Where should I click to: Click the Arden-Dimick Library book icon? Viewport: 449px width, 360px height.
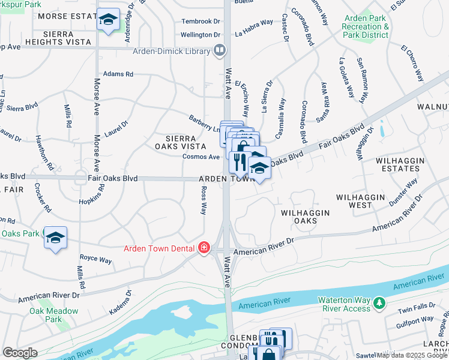coord(220,50)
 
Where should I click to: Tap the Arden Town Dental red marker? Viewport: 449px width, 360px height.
coord(204,248)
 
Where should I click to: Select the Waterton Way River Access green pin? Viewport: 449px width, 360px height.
coord(379,303)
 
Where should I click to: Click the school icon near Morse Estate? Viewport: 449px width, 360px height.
coord(109,21)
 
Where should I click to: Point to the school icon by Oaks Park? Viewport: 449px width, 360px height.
coord(55,238)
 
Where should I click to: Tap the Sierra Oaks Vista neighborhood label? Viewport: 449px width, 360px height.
coord(176,142)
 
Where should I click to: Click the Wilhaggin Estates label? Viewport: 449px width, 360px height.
coord(400,165)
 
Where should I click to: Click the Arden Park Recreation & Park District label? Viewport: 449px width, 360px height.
coord(365,27)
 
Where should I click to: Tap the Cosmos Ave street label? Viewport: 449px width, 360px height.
coord(201,157)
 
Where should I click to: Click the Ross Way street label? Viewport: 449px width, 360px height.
coord(203,200)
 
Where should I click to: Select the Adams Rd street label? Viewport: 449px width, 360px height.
coord(118,74)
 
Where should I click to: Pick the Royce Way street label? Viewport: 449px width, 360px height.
coord(97,260)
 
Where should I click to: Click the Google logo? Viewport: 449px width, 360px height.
coord(20,353)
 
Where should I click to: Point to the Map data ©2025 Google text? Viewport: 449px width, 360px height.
coord(412,355)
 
